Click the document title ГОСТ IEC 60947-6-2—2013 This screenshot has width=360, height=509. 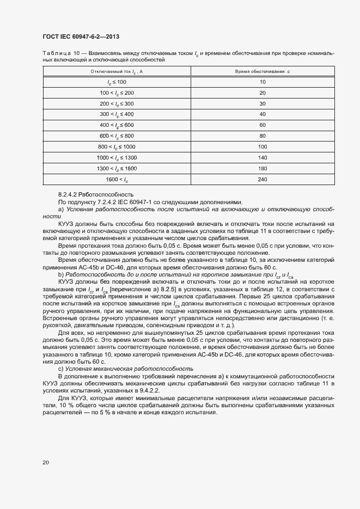(x=81, y=36)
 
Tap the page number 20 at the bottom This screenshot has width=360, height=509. (x=46, y=463)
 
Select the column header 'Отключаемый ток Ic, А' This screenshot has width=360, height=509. (x=117, y=71)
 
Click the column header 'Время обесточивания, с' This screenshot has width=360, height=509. (x=263, y=71)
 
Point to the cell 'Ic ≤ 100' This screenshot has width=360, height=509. (x=117, y=82)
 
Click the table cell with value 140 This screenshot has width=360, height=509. (x=263, y=158)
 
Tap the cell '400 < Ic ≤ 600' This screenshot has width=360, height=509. (x=117, y=125)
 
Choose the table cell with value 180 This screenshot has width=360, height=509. (x=263, y=169)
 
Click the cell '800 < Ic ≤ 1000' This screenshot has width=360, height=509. (x=117, y=147)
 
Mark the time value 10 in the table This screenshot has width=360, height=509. (x=263, y=82)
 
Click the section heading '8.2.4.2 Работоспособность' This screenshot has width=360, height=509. (x=95, y=194)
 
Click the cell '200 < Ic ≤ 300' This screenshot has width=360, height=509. (x=117, y=103)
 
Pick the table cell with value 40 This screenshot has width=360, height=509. (x=263, y=114)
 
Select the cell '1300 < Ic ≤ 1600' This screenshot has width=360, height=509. (x=117, y=169)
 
